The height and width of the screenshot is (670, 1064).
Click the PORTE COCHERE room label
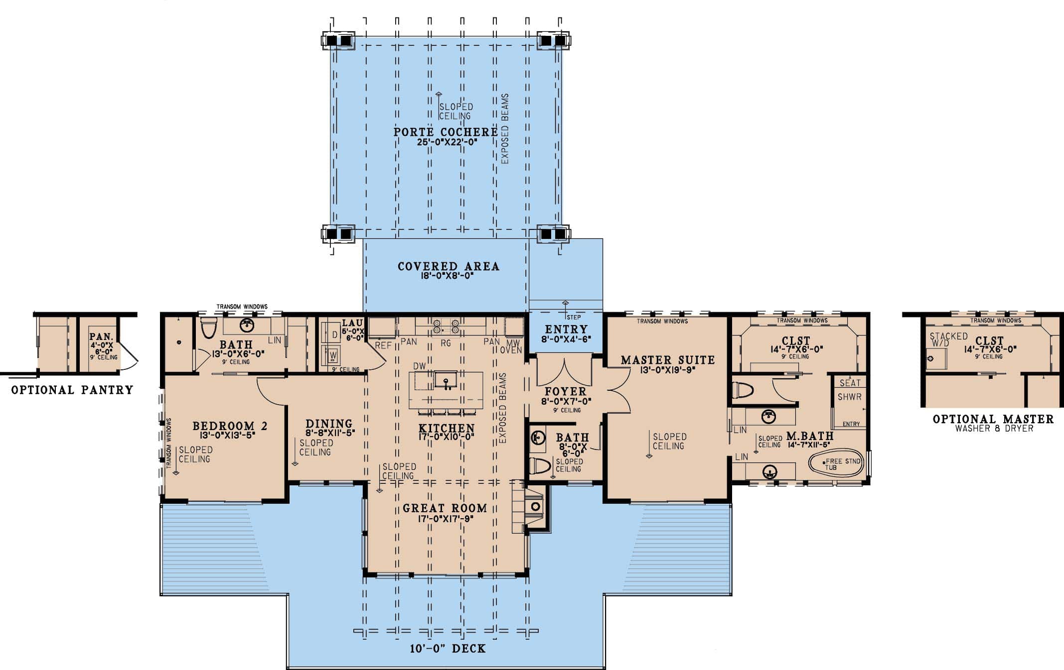[445, 132]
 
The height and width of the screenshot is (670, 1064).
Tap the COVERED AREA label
[448, 266]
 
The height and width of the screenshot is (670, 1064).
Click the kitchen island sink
[446, 381]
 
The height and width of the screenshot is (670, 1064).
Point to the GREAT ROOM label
[445, 508]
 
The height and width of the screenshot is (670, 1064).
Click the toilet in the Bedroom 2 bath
[208, 327]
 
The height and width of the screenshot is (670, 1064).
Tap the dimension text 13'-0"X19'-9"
[667, 370]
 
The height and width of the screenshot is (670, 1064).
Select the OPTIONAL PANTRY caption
[72, 390]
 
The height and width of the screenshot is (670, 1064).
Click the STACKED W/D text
[948, 339]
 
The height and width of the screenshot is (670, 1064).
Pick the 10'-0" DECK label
[448, 649]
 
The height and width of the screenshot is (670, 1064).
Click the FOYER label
[565, 391]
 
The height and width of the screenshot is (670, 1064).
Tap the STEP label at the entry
[573, 317]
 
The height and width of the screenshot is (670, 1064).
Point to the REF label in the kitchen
[383, 345]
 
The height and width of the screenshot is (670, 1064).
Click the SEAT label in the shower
[850, 383]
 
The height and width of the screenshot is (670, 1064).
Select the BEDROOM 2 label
[230, 426]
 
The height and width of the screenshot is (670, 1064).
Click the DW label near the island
[419, 366]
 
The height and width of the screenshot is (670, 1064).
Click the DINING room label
[329, 424]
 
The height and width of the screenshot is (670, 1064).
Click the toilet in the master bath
[742, 390]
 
